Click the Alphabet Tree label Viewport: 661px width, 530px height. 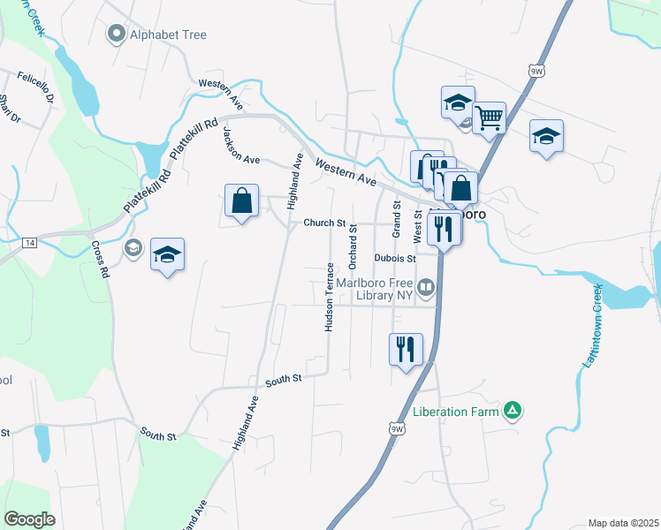click(168, 35)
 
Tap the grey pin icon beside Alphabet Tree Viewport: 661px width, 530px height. click(116, 35)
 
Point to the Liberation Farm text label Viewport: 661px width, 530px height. click(455, 412)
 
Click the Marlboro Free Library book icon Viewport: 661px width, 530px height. click(426, 286)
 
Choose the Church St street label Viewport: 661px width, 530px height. click(323, 223)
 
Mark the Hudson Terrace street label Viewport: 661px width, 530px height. click(329, 297)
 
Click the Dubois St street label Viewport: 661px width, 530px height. click(394, 259)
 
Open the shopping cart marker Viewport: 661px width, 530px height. click(488, 116)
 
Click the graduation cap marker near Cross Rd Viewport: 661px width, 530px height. click(167, 255)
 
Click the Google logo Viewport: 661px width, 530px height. click(29, 519)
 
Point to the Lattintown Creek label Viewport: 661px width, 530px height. click(591, 327)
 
